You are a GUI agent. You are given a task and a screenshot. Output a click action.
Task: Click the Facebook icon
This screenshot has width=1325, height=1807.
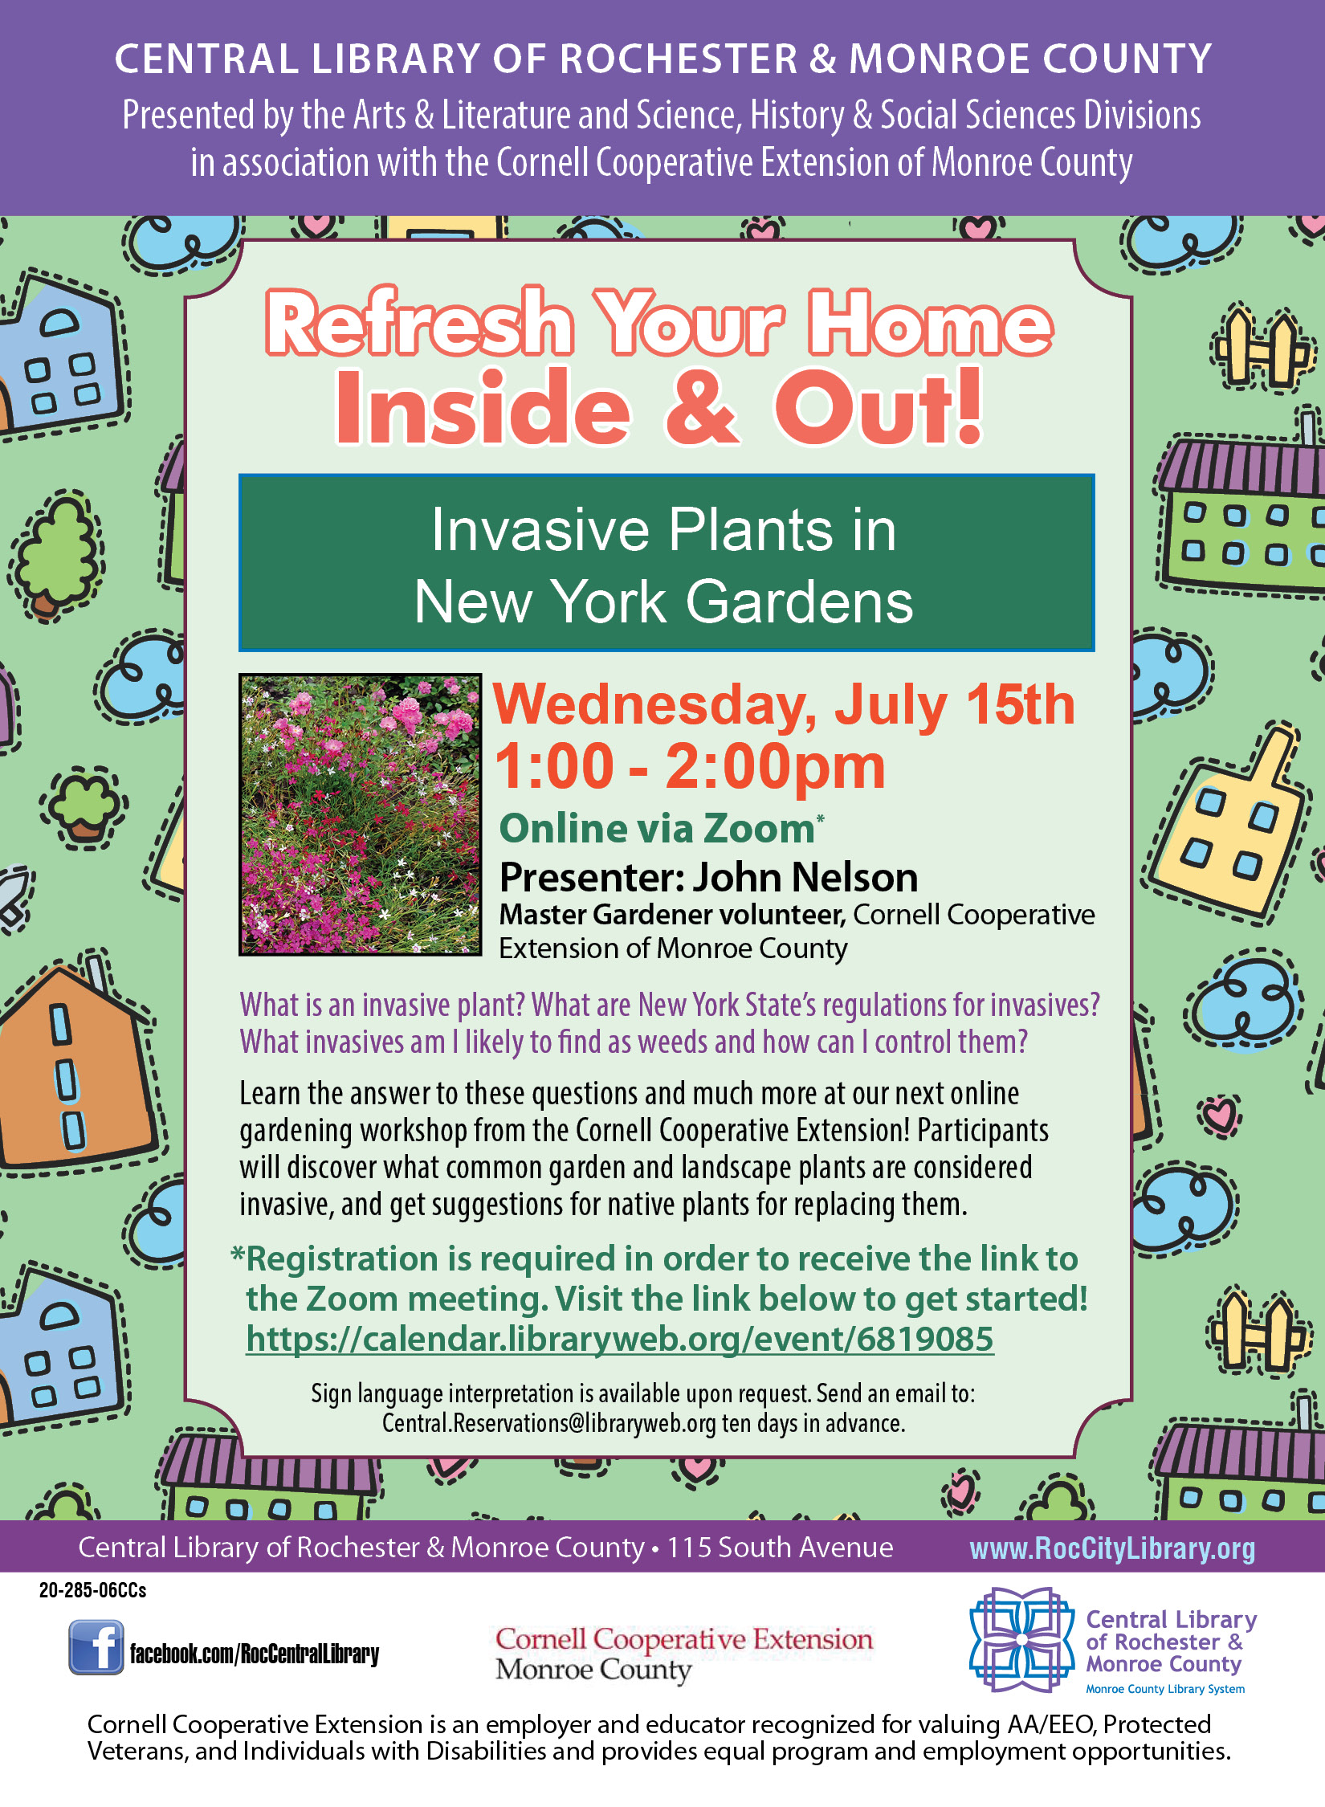point(96,1646)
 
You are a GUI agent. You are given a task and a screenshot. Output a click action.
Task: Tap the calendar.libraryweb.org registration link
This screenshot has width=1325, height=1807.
point(619,1339)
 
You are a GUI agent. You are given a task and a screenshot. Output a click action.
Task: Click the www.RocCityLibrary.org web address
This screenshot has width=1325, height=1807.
point(1112,1548)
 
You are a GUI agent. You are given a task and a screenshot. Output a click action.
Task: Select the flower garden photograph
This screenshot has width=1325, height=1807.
point(361,814)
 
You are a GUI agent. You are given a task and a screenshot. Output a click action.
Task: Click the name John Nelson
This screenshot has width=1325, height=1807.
point(805,877)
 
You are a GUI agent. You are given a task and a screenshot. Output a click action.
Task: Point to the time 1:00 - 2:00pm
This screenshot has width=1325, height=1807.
point(689,766)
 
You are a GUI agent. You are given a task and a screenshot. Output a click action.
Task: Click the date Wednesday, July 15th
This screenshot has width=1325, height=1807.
point(783,704)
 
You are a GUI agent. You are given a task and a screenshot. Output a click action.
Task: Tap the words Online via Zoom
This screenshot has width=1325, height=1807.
point(657,828)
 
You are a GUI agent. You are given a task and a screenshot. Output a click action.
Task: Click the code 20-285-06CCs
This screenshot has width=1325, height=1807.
point(92,1590)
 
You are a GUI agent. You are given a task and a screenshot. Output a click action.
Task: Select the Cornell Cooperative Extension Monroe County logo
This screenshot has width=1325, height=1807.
point(683,1653)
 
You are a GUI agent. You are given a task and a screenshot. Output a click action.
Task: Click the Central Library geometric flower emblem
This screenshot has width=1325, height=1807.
point(1021,1639)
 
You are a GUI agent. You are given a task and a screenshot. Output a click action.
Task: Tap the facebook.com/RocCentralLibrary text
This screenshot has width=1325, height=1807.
point(255,1654)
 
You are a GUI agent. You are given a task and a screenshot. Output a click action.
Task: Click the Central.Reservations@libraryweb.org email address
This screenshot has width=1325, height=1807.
point(548,1423)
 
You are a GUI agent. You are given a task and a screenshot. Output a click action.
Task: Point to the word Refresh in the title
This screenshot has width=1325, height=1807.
point(419,324)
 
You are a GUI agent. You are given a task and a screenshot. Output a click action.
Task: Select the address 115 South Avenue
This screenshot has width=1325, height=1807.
point(780,1547)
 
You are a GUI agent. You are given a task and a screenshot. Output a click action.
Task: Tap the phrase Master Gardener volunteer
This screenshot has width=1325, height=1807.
point(671,914)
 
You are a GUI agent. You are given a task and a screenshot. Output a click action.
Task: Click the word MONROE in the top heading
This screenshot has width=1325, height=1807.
point(932,59)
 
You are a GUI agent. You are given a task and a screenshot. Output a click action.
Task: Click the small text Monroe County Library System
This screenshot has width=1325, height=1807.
point(1165,1689)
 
